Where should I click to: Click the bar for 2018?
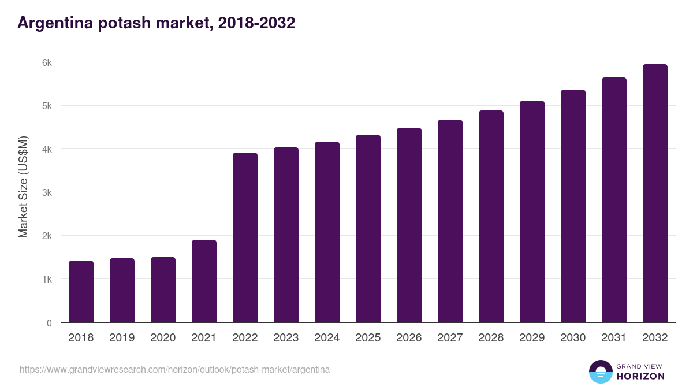tap(81, 292)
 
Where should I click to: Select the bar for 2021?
tap(204, 281)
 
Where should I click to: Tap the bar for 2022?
tap(245, 237)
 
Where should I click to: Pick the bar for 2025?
tap(368, 229)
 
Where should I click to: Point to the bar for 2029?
tap(532, 211)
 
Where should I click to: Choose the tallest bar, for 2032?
tap(655, 194)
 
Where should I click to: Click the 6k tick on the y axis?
tap(47, 62)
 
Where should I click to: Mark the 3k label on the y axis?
tap(47, 192)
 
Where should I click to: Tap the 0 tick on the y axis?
tap(49, 323)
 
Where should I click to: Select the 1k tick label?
tap(47, 279)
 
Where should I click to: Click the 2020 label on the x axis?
tap(163, 338)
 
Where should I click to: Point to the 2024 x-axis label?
tap(327, 338)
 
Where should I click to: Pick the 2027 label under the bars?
tap(450, 338)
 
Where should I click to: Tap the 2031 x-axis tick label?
tap(614, 338)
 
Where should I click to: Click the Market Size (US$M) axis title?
tap(23, 187)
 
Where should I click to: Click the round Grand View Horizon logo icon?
tap(600, 372)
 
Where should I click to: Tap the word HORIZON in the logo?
tap(640, 376)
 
